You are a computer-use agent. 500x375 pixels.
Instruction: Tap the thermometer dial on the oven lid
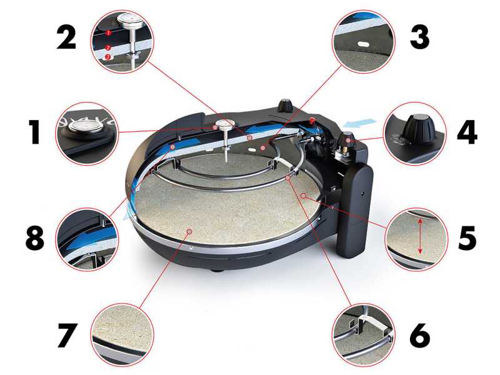pyautogui.click(x=223, y=124)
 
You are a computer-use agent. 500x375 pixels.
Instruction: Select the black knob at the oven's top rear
pyautogui.click(x=287, y=106)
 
